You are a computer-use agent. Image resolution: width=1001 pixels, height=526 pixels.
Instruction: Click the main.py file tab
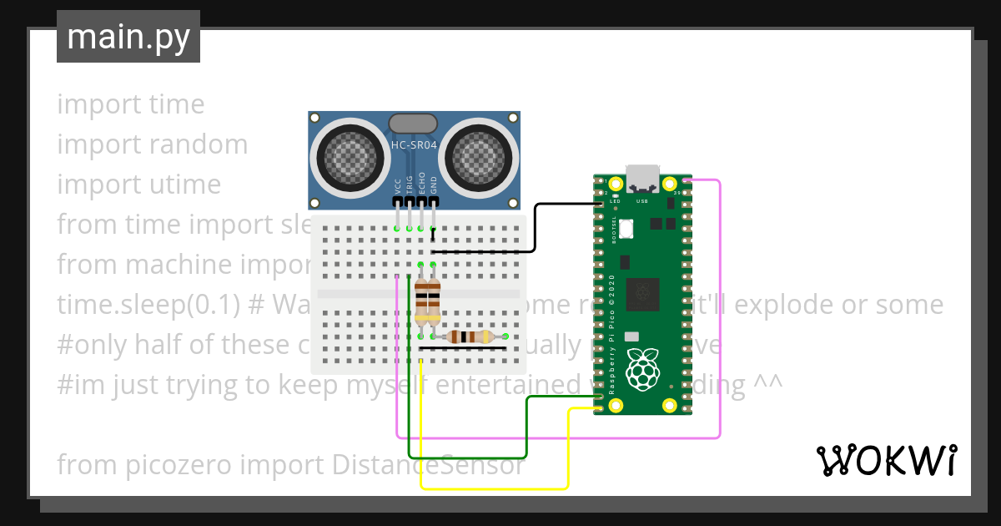128,37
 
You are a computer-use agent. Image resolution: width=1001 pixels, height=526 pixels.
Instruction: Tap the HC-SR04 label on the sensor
414,145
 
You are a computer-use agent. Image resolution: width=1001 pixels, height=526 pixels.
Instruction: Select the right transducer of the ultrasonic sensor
480,156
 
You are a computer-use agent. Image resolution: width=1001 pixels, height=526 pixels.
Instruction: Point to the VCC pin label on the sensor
398,185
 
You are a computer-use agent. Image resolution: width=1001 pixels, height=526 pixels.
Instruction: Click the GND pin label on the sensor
434,185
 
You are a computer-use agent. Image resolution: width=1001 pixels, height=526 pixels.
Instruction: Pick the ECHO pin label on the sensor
422,185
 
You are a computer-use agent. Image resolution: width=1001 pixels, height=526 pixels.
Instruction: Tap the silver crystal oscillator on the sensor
413,124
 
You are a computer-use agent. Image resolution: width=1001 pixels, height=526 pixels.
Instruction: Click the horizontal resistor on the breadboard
468,336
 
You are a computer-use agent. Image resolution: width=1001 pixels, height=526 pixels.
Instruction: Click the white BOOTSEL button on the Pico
626,227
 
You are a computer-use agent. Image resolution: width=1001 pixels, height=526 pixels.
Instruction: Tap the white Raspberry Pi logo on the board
641,371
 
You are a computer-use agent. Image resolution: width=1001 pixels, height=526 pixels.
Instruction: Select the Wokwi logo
886,460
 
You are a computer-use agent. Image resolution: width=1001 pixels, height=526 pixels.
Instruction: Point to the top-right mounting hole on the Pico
668,184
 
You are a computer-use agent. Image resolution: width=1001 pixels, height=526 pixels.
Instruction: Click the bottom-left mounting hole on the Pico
616,406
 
